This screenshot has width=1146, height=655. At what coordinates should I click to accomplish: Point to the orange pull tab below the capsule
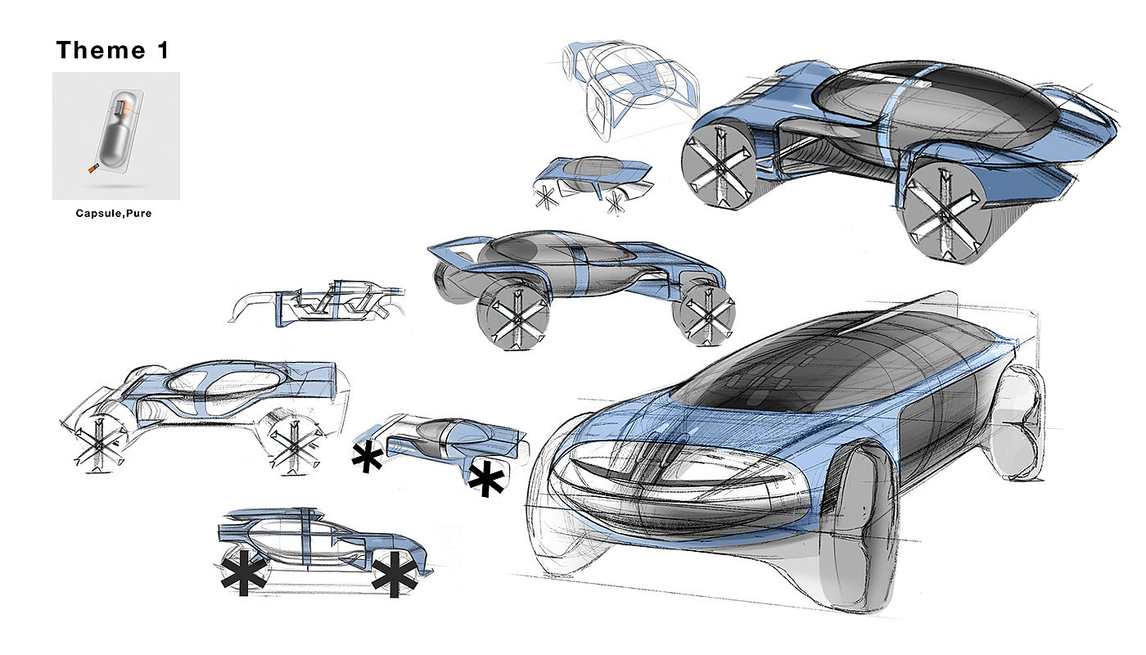pos(90,169)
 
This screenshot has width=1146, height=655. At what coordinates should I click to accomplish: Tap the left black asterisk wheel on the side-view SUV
pos(243,571)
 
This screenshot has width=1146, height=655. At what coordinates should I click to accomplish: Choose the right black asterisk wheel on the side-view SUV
pos(395,571)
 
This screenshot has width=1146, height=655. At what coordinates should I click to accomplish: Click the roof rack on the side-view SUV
pos(270,515)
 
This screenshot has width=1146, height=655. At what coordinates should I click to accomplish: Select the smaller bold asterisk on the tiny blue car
pos(367,458)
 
